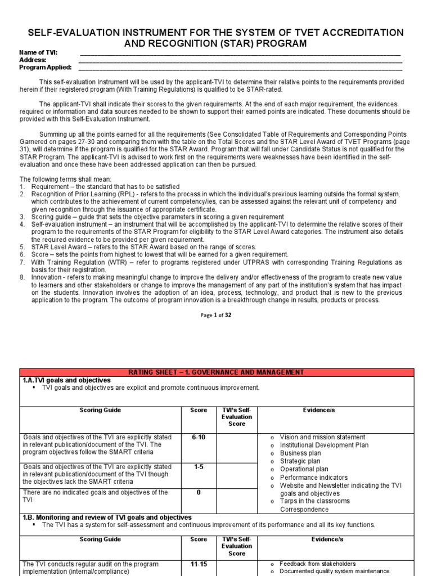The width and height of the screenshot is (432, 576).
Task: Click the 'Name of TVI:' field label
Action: pyautogui.click(x=38, y=52)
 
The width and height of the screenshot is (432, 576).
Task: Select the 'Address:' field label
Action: pyautogui.click(x=33, y=60)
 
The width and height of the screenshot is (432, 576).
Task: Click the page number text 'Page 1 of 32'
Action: pyautogui.click(x=216, y=315)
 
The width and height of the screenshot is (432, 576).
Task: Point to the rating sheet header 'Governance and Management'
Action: pyautogui.click(x=216, y=372)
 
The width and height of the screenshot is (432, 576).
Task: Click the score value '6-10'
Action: pyautogui.click(x=199, y=437)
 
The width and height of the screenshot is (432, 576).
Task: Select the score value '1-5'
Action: pyautogui.click(x=199, y=467)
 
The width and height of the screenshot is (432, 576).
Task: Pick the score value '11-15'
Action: pyautogui.click(x=199, y=564)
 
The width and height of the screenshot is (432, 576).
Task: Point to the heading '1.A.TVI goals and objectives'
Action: pyautogui.click(x=66, y=380)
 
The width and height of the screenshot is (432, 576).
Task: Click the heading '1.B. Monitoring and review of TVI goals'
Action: pyautogui.click(x=107, y=517)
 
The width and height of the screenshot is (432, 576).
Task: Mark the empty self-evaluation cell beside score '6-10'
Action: pyautogui.click(x=237, y=447)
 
